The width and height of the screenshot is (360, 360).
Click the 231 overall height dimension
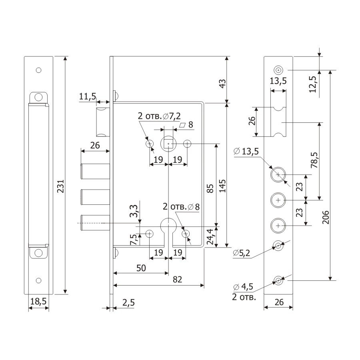coord(61,186)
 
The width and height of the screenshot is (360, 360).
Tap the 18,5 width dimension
coord(38,301)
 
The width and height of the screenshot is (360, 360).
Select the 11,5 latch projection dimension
coord(88,96)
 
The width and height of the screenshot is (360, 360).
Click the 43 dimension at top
coord(222,84)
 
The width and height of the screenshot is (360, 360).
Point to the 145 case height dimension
coord(222,186)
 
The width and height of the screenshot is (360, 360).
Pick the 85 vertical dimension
coord(210,188)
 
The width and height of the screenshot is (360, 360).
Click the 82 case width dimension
coord(177,280)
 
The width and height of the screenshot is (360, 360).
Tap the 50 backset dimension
coord(141,268)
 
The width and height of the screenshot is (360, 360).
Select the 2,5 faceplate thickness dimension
coord(128,303)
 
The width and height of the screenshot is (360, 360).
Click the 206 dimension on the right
coord(326,217)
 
